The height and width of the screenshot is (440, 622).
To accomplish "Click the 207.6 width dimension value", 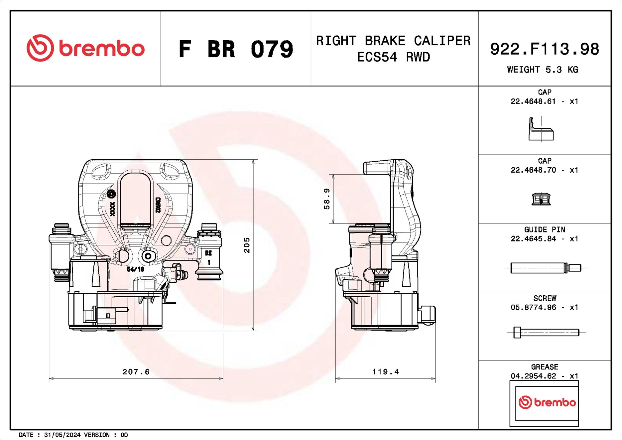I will click(136, 372).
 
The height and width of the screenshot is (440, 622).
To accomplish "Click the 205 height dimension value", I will click(247, 245).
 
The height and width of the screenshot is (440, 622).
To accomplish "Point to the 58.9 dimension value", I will click(327, 199).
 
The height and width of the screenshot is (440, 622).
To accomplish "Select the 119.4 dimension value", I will click(385, 372).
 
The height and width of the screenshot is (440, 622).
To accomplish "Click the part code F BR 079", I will click(236, 49).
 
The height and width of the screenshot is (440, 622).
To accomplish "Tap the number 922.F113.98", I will click(544, 49).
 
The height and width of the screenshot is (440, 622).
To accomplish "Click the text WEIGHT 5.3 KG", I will click(543, 70).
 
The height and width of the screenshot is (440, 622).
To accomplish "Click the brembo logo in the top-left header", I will click(86, 48).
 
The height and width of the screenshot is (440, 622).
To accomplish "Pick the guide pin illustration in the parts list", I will click(545, 268).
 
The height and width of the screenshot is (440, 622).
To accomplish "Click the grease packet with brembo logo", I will click(544, 403).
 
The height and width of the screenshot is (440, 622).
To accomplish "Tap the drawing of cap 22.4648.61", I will click(541, 130).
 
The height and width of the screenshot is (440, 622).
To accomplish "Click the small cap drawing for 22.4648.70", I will click(541, 199).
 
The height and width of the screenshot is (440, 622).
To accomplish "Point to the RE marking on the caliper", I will click(208, 253).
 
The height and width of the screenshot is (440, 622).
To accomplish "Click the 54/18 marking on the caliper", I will click(135, 269).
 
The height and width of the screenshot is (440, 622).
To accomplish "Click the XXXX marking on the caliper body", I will click(113, 209).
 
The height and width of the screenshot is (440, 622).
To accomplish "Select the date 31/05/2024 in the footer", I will click(62, 435).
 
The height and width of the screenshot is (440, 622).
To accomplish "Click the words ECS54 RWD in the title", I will click(393, 57).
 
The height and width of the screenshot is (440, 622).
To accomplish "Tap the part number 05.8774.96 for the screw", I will click(533, 307).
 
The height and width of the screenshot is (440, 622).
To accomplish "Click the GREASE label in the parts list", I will click(545, 367).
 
